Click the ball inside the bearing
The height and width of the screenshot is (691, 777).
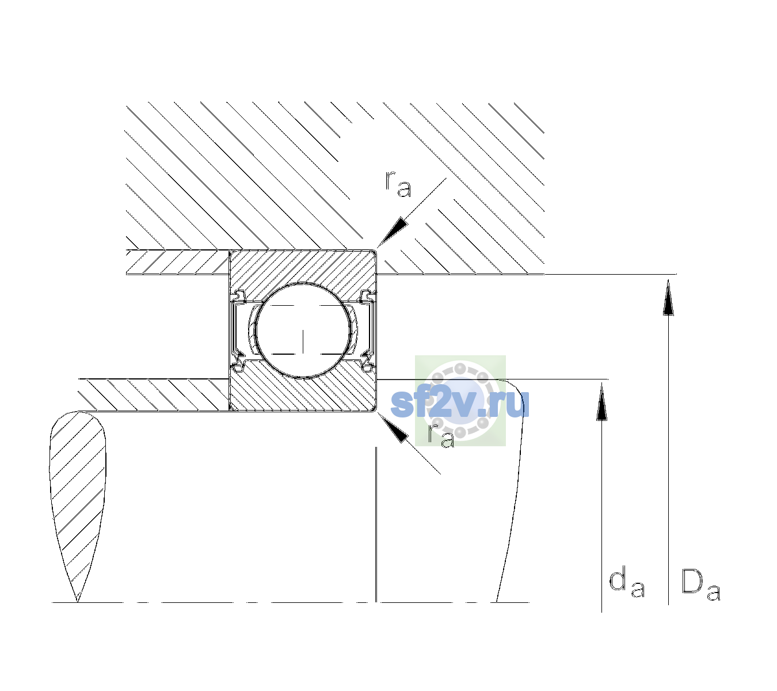pyautogui.click(x=303, y=331)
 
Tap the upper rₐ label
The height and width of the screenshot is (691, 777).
pyautogui.click(x=398, y=184)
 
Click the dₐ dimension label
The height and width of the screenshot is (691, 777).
pyautogui.click(x=627, y=582)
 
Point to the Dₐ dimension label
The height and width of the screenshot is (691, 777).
pyautogui.click(x=701, y=585)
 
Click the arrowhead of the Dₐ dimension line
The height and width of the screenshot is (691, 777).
pyautogui.click(x=668, y=297)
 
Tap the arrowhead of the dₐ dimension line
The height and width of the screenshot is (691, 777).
pyautogui.click(x=601, y=402)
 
